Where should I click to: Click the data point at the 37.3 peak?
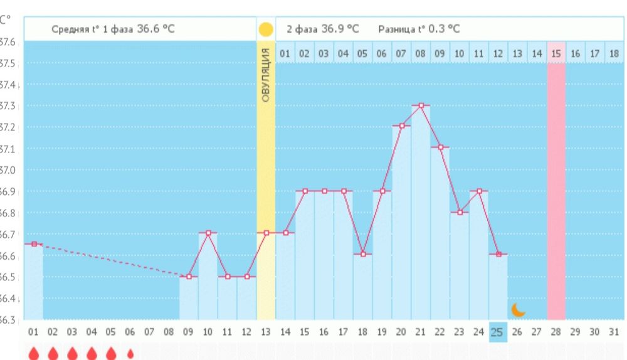pyautogui.click(x=421, y=105)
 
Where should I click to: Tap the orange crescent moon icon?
pyautogui.click(x=518, y=309)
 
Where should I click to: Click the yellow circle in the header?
pyautogui.click(x=266, y=29)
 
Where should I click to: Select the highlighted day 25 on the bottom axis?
pyautogui.click(x=498, y=331)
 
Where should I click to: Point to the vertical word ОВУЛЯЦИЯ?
pyautogui.click(x=266, y=75)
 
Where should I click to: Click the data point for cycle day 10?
pyautogui.click(x=208, y=233)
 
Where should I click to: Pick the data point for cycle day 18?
pyautogui.click(x=363, y=254)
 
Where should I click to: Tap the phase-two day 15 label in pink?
pyautogui.click(x=556, y=54)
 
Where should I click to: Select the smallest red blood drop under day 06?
pyautogui.click(x=130, y=354)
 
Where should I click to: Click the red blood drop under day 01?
pyautogui.click(x=34, y=354)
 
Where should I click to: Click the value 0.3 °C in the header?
pyautogui.click(x=445, y=29)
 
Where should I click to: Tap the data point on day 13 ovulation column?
pyautogui.click(x=266, y=233)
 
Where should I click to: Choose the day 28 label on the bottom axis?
pyautogui.click(x=556, y=331)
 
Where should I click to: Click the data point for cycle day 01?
pyautogui.click(x=34, y=243)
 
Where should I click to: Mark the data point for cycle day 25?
pyautogui.click(x=498, y=254)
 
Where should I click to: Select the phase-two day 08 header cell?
pyautogui.click(x=420, y=54)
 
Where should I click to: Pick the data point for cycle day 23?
pyautogui.click(x=460, y=212)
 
